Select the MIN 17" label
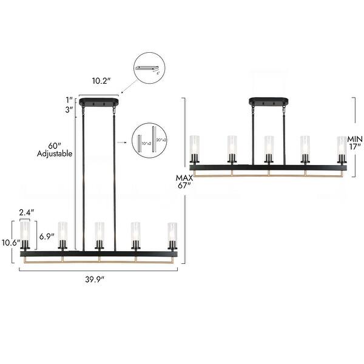pyautogui.click(x=356, y=141)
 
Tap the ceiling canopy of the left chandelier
pyautogui.click(x=99, y=103)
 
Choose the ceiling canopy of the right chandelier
pyautogui.click(x=268, y=102)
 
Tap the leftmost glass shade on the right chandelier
pyautogui.click(x=195, y=148)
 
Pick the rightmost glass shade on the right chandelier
pyautogui.click(x=342, y=148)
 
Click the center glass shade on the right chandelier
pyautogui.click(x=268, y=148)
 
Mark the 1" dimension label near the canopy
pyautogui.click(x=70, y=99)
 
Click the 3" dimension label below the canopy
pyautogui.click(x=70, y=110)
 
